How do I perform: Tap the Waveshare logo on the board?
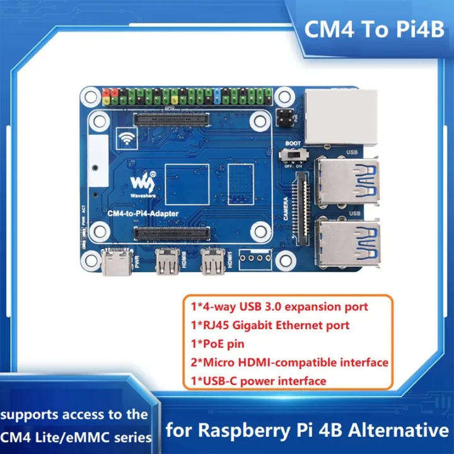coord(143,183)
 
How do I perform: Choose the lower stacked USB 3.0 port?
coord(347,242)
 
